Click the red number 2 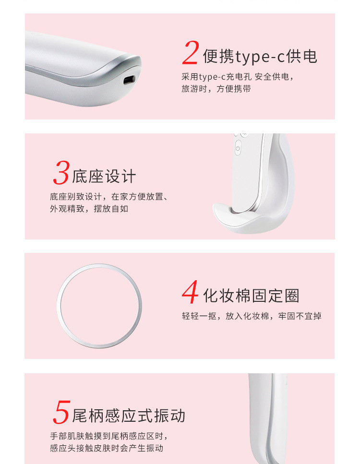191,53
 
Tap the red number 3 61,173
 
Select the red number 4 191,292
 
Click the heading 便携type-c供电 260,57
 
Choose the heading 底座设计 104,176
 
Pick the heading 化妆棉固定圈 251,296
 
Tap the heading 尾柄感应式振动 129,416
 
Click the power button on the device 238,149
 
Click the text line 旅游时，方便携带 216,89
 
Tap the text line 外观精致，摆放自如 89,209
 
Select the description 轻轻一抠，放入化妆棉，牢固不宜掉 252,316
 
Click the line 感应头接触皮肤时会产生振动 107,448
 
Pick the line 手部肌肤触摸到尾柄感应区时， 109,436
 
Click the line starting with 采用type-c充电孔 238,77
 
